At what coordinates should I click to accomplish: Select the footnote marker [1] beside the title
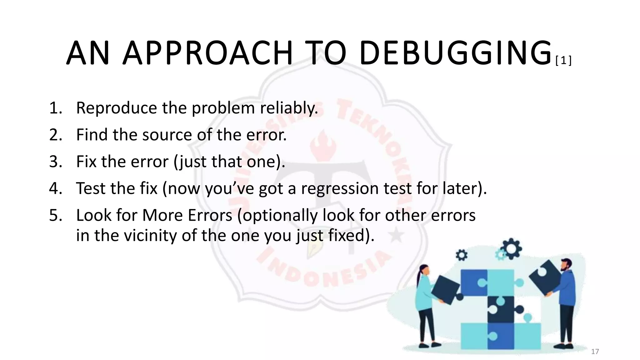pos(563,61)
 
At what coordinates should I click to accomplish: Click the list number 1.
pos(56,108)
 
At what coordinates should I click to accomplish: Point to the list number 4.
pos(56,188)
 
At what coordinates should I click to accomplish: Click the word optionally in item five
pos(280,215)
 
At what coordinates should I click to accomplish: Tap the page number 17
pos(595,352)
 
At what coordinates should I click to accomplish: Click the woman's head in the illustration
pos(424,269)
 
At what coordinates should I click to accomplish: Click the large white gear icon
pos(512,249)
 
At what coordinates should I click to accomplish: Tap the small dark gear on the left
pos(462,255)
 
